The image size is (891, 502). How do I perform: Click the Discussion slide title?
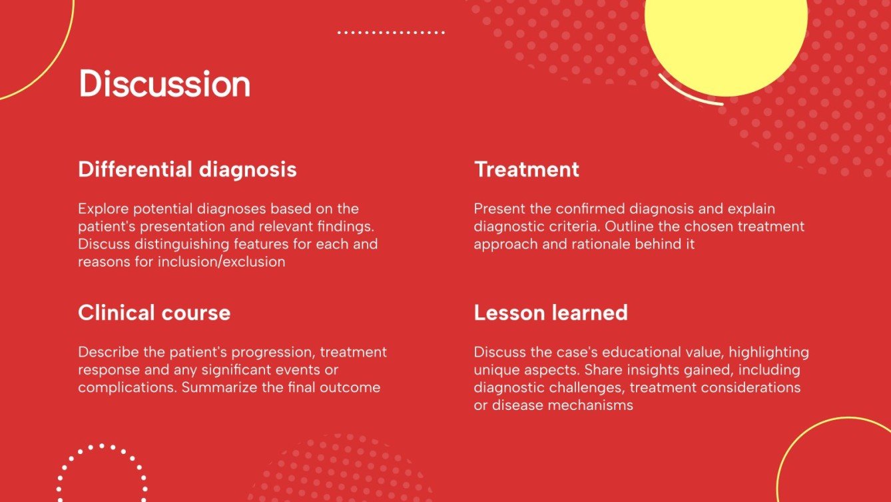coord(164,85)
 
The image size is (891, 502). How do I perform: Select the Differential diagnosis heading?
coord(187,169)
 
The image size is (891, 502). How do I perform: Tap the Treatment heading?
coord(526,169)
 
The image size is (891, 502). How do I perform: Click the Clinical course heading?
coord(154,313)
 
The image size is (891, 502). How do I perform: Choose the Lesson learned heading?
coord(550,313)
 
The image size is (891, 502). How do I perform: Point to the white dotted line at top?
coord(391,32)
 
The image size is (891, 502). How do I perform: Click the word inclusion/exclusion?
coord(221,261)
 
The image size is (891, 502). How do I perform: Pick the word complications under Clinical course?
coord(119,387)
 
